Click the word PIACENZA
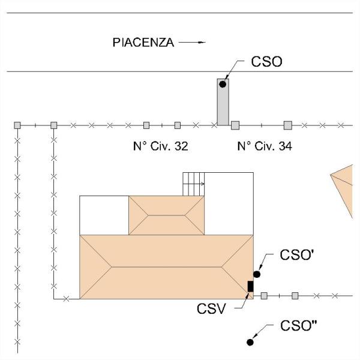click(143, 43)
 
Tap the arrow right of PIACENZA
click(192, 43)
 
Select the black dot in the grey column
click(223, 85)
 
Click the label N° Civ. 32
click(160, 146)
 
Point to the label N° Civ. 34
click(265, 146)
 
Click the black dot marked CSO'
click(257, 274)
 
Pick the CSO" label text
click(299, 326)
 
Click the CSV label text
click(211, 309)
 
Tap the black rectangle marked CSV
click(250, 286)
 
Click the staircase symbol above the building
click(194, 184)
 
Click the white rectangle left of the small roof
click(104, 215)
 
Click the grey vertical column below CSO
click(223, 105)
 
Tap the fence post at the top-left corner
click(17, 125)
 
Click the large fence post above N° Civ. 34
click(287, 125)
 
